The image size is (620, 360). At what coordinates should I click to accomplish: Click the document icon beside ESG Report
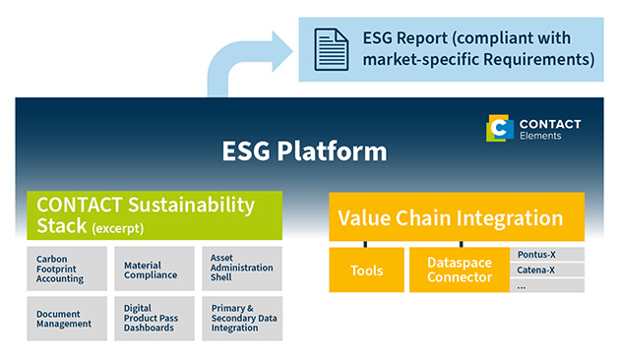tap(330, 48)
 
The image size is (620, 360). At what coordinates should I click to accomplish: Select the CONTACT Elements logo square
tap(500, 129)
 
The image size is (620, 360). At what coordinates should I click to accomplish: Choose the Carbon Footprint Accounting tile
tap(66, 269)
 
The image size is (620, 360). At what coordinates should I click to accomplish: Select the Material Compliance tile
tap(155, 269)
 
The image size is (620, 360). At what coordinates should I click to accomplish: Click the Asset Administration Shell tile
tap(243, 269)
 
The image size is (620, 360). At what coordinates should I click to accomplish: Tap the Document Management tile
tap(66, 319)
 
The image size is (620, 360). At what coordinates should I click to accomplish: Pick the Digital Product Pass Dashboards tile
tap(155, 319)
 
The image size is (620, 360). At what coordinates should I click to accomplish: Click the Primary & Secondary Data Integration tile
tap(243, 319)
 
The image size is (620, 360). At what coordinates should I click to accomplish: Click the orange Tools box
tap(365, 270)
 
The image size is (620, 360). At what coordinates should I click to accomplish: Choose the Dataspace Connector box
tap(459, 270)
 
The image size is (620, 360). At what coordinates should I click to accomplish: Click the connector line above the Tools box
tap(365, 243)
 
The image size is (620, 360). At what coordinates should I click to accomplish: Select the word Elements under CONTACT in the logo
tap(541, 136)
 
